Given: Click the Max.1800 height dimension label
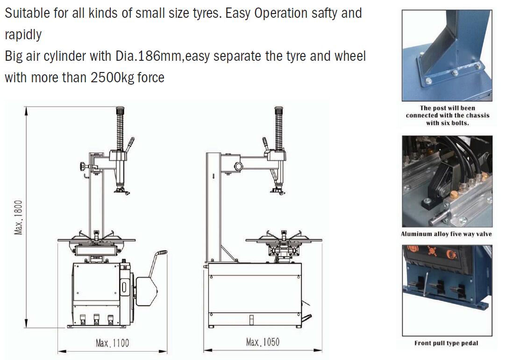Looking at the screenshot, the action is pyautogui.click(x=18, y=217).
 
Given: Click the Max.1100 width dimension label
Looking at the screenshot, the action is pyautogui.click(x=112, y=343).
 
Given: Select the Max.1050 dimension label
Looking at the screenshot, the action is pyautogui.click(x=263, y=342).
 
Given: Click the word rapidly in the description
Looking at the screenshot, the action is pyautogui.click(x=23, y=35).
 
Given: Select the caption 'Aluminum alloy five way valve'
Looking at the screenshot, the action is pyautogui.click(x=446, y=234).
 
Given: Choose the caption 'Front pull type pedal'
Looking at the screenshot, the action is pyautogui.click(x=446, y=343).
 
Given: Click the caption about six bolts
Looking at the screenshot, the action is pyautogui.click(x=448, y=115).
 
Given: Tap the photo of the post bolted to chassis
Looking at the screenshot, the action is pyautogui.click(x=447, y=55).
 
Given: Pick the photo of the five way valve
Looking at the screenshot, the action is pyautogui.click(x=447, y=181).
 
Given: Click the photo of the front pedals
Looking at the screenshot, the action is pyautogui.click(x=447, y=291).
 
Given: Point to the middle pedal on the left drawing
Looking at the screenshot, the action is pyautogui.click(x=97, y=319).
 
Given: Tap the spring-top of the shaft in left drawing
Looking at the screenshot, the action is pyautogui.click(x=120, y=129).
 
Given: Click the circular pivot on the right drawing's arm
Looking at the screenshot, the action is pyautogui.click(x=238, y=166).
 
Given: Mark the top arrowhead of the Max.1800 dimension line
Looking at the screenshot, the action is pyautogui.click(x=26, y=111).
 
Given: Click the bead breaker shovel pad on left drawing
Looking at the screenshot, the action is pyautogui.click(x=146, y=292).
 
